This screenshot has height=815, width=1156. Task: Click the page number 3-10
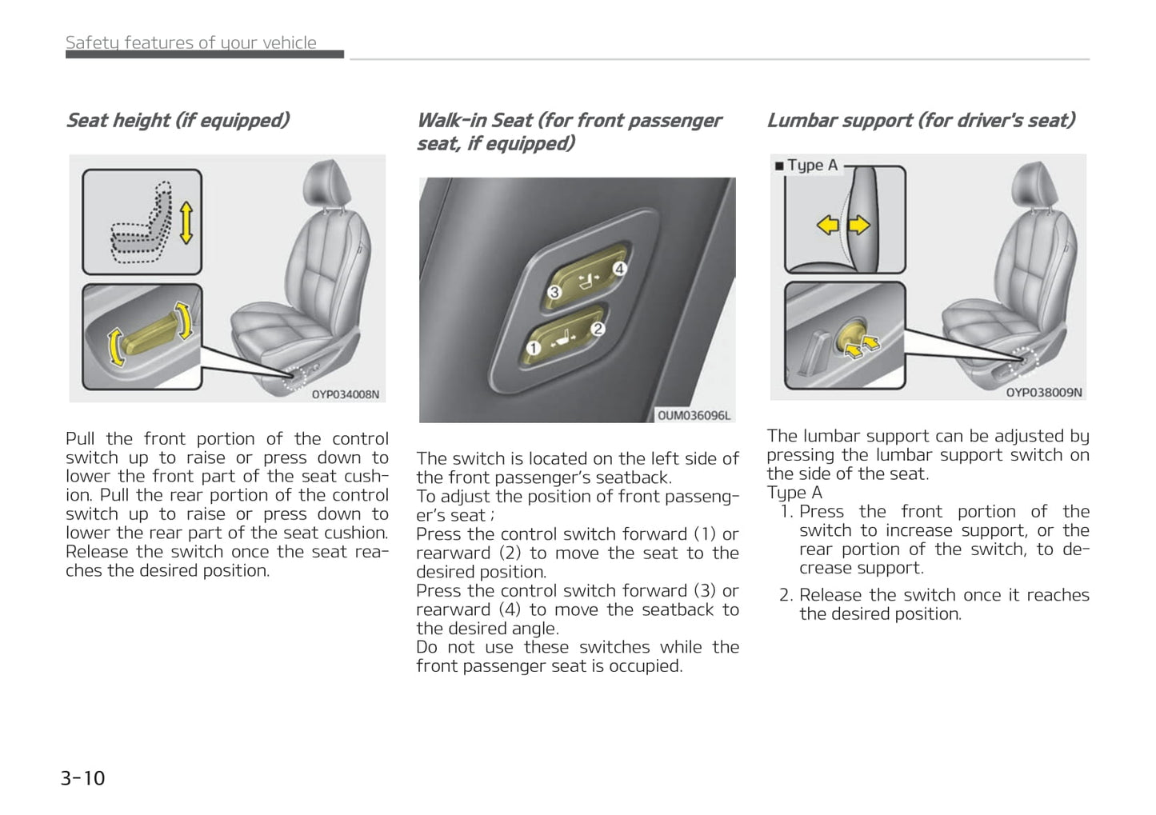pyautogui.click(x=82, y=777)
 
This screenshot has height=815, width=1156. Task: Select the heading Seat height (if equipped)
pyautogui.click(x=177, y=120)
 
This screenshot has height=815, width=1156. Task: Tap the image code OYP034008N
pyautogui.click(x=345, y=394)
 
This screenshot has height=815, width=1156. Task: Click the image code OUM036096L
pyautogui.click(x=694, y=415)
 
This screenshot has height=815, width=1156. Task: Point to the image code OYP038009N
pyautogui.click(x=1043, y=393)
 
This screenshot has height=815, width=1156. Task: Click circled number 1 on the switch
pyautogui.click(x=533, y=348)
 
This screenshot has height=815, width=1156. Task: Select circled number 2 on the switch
pyautogui.click(x=597, y=328)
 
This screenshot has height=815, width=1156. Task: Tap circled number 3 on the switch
pyautogui.click(x=554, y=292)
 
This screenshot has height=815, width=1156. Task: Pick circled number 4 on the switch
pyautogui.click(x=619, y=269)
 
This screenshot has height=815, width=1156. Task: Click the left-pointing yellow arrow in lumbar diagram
pyautogui.click(x=827, y=226)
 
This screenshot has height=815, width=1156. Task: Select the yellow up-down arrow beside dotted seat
pyautogui.click(x=186, y=222)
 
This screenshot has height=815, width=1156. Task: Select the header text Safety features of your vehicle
pyautogui.click(x=190, y=42)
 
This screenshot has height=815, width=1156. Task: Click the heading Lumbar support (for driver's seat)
pyautogui.click(x=920, y=120)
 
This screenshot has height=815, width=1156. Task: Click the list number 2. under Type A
pyautogui.click(x=786, y=595)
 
